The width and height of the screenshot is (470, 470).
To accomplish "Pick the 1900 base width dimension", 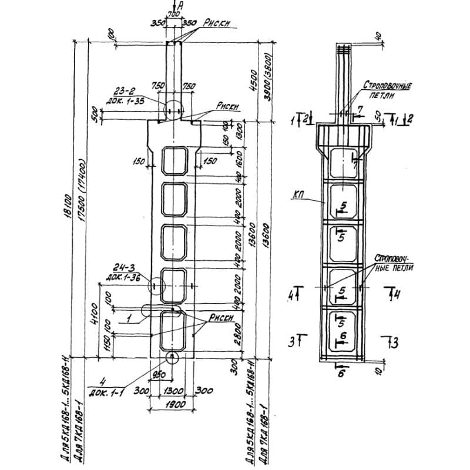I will pos(175,405).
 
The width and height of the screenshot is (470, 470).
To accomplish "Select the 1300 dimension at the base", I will pos(175,390).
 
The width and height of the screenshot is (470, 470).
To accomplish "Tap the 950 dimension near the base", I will pos(157,374).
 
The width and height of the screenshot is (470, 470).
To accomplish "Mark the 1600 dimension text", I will pos(240,159).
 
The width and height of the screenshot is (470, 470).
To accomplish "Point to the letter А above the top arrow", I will pos(180,5).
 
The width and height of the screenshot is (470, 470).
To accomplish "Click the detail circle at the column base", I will pos(172,357).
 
